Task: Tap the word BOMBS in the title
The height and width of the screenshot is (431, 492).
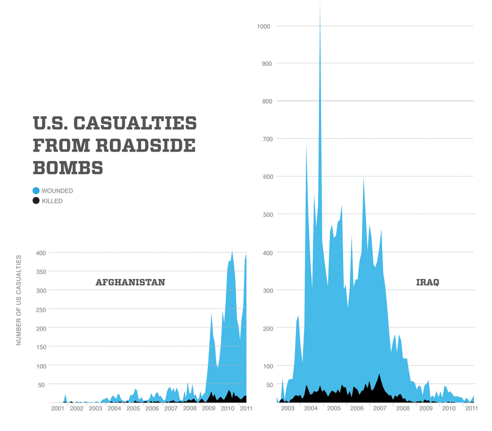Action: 68,168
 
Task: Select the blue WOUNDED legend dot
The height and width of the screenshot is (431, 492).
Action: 36,190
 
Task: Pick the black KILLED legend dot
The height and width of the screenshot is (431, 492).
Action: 36,201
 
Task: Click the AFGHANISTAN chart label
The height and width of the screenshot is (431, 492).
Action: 130,282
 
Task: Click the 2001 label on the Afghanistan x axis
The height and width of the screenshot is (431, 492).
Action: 58,408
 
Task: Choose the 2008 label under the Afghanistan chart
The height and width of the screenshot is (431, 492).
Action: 189,408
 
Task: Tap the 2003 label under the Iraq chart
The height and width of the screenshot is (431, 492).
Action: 287,408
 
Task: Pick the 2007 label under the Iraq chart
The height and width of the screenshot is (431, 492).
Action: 379,408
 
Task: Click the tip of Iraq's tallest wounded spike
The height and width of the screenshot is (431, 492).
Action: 320,4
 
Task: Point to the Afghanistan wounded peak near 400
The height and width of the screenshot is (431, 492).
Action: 232,252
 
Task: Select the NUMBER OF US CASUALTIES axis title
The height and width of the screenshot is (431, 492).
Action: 19,300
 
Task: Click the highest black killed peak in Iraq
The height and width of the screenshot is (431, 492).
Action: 379,374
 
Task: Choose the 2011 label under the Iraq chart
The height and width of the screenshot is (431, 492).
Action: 471,408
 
